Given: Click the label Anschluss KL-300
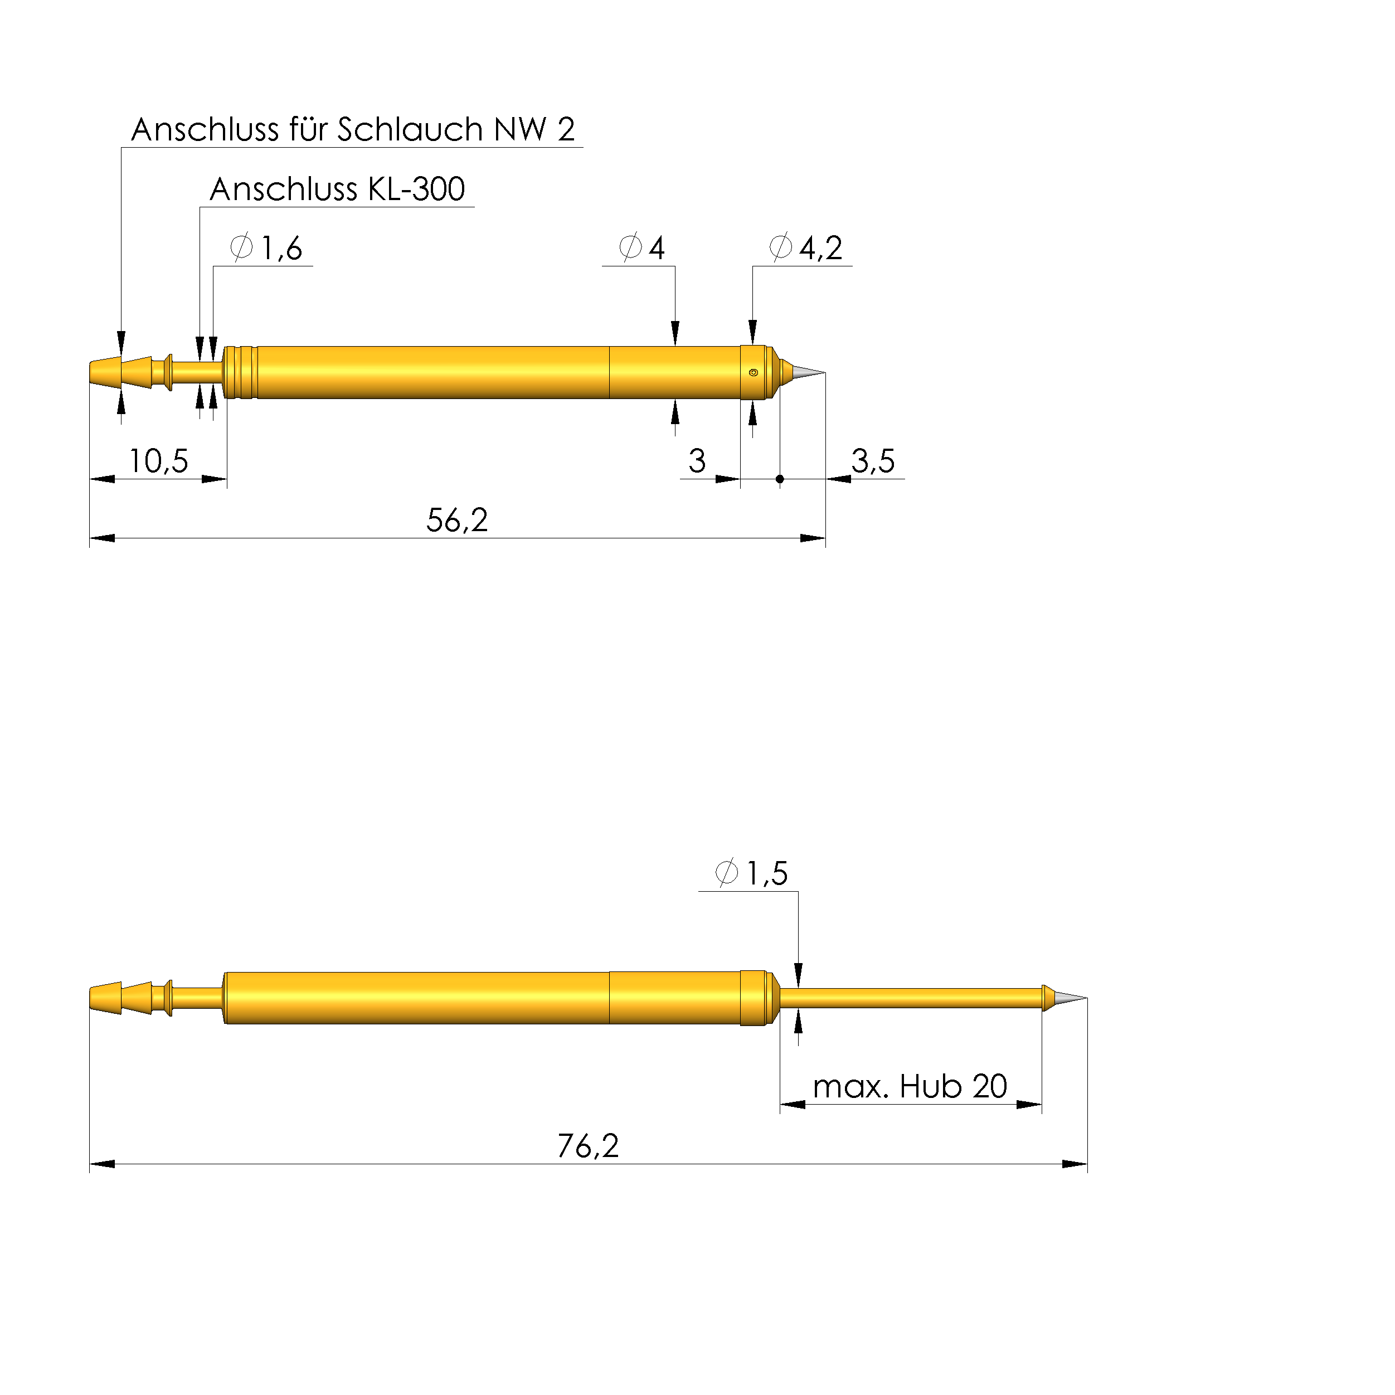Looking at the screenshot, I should point(337,189).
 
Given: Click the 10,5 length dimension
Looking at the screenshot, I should point(158,461).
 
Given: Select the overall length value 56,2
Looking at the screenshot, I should point(456,520).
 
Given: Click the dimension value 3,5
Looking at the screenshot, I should point(872,461).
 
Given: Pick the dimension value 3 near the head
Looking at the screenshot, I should point(696,461).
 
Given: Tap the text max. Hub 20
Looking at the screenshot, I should point(909,1087).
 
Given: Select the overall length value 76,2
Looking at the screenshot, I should point(588,1146).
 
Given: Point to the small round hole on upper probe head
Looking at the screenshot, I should point(753,373).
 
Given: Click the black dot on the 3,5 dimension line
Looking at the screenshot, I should point(780,479).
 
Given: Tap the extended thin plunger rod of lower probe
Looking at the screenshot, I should point(910,998).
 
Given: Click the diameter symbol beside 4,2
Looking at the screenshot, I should point(780,247).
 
